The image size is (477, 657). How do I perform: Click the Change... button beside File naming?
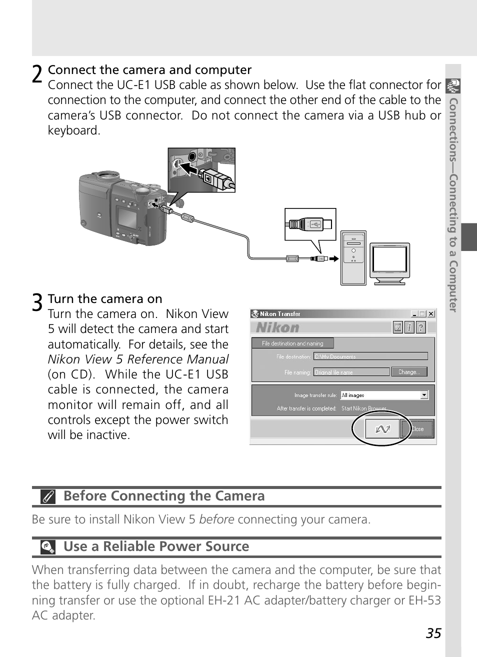pos(409,372)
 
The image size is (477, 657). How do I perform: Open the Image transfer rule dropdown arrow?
pos(424,395)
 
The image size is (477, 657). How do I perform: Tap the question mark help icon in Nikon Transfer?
pos(421,327)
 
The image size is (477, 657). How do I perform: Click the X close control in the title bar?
pos(431,314)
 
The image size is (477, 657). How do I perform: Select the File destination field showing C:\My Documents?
pos(370,356)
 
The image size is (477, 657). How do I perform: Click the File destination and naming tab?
pos(292,343)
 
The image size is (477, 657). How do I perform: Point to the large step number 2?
pos(37,74)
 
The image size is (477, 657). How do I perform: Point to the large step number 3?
pos(37,303)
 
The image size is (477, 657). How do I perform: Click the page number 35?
pos(433,633)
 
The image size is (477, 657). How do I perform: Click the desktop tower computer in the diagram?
pos(353,258)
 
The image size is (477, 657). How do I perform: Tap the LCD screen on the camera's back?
pos(127,217)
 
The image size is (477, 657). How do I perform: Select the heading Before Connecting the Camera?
pos(164,496)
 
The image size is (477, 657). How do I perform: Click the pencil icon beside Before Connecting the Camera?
pos(48,497)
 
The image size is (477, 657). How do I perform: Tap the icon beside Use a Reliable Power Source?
pos(48,547)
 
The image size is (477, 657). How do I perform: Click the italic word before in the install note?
pos(216,519)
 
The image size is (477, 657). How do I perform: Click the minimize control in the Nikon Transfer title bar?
pos(414,314)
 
